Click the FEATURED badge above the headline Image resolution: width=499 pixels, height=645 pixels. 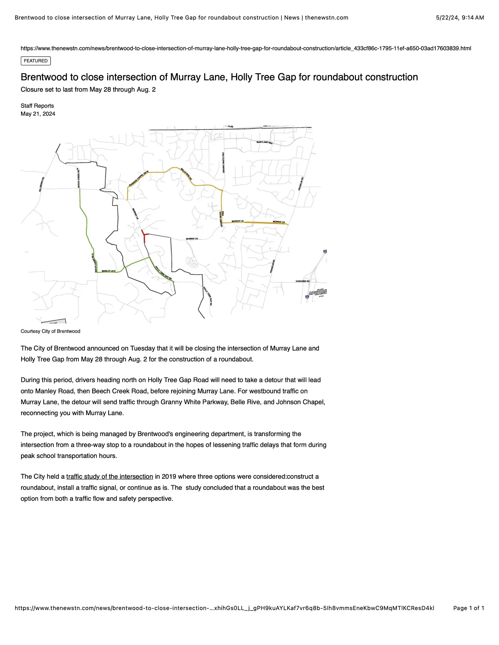point(36,61)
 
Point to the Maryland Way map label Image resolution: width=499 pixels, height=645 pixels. point(264,143)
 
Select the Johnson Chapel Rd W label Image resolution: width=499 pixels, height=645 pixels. point(138,179)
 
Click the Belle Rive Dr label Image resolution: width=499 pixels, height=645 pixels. point(186,174)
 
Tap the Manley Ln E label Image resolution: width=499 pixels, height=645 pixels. point(108,271)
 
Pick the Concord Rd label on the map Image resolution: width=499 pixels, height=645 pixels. point(302,281)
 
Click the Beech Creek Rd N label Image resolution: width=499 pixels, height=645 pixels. point(78,178)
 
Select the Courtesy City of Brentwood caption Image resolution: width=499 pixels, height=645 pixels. point(50,331)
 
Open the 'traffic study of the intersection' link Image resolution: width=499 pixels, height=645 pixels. point(109,477)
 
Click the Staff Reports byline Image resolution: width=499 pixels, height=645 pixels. point(37,106)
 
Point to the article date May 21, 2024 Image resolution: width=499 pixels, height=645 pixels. point(38,114)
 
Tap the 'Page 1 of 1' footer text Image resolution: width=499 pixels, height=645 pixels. point(468,608)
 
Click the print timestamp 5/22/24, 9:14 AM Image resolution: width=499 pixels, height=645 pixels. point(460,18)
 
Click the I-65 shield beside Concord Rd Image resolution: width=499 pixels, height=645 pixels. point(307,297)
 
